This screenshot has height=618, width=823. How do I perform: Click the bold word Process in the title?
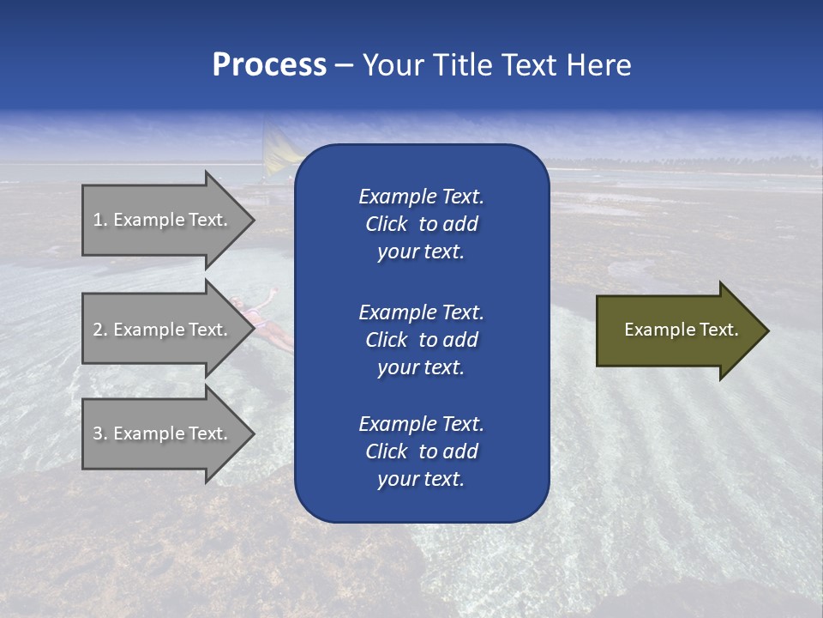[x=269, y=65]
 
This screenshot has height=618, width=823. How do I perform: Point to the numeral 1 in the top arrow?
[x=98, y=220]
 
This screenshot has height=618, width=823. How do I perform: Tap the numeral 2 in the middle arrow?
[x=98, y=330]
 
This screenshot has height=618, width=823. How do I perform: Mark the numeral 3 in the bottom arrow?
[x=98, y=433]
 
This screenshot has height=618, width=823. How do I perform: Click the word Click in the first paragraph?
[x=386, y=225]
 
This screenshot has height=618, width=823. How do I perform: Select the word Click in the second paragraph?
[x=386, y=340]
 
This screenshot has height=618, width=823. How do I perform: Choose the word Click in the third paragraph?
[x=386, y=451]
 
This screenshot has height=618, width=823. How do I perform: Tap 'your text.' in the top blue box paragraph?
[x=421, y=252]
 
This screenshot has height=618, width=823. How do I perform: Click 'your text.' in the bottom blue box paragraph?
[x=421, y=480]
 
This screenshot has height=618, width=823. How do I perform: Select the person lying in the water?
[x=261, y=322]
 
